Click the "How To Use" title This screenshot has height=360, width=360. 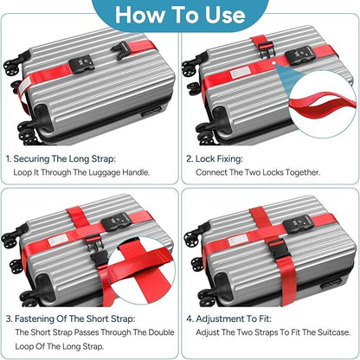(x=180, y=15)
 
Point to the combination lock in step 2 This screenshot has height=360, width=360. (x=299, y=54)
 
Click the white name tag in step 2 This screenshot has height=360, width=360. (x=240, y=73)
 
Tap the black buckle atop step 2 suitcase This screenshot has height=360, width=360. (x=266, y=49)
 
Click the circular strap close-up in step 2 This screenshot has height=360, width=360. (x=322, y=104)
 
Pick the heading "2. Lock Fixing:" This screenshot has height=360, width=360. (x=215, y=159)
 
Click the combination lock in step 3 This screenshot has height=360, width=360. (x=116, y=222)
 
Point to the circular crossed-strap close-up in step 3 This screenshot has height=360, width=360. (x=141, y=270)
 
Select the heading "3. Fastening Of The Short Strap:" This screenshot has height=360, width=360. (x=70, y=318)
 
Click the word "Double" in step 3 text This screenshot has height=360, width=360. (x=161, y=332)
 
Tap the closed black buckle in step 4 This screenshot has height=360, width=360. (x=278, y=248)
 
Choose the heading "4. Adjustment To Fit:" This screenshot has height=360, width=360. (x=229, y=318)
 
